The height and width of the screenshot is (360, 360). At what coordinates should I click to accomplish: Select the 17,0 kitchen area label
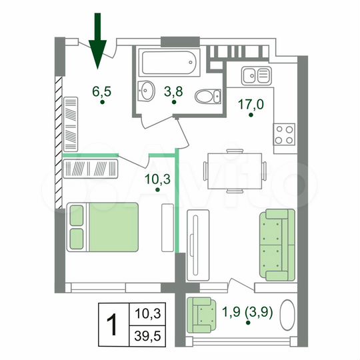251,104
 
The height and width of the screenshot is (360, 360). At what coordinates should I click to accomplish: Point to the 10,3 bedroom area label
157,178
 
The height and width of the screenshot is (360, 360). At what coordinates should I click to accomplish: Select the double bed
103,227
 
